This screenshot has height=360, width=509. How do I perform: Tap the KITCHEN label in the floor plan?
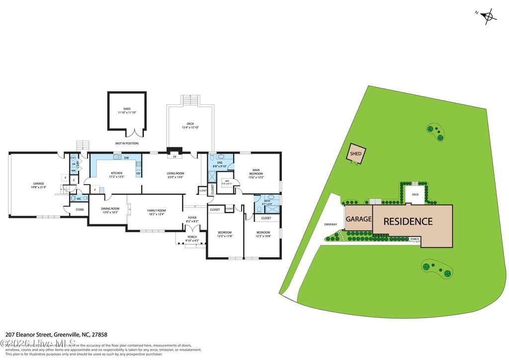116,174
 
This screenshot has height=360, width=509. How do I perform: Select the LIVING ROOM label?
174,174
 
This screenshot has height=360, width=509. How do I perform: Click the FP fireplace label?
174,157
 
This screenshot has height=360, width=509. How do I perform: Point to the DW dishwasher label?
127,158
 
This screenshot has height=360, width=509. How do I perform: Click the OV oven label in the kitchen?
138,174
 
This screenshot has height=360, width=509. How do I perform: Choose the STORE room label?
80,210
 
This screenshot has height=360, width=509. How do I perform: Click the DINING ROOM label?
110,209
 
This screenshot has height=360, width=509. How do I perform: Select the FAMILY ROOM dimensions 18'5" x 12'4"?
156,214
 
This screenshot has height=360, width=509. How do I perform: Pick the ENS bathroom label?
219,163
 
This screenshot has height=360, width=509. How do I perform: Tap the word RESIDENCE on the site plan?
408,221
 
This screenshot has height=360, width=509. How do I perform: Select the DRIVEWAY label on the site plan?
331,224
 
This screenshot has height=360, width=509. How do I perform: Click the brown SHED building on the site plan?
356,153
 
